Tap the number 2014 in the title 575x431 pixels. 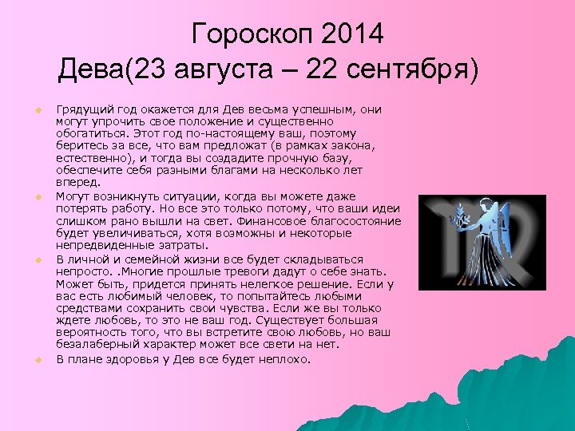point(353,34)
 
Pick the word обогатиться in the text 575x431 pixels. point(88,132)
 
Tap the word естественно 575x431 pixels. point(90,158)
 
